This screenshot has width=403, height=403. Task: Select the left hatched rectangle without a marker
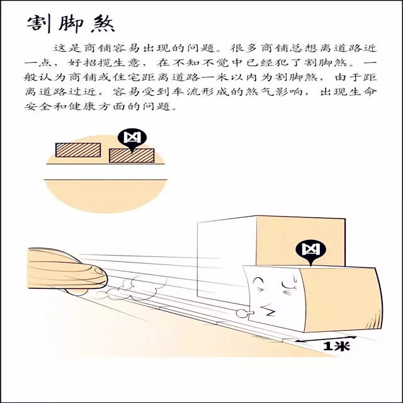coord(77,149)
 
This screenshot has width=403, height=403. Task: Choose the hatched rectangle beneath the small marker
coord(131,155)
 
